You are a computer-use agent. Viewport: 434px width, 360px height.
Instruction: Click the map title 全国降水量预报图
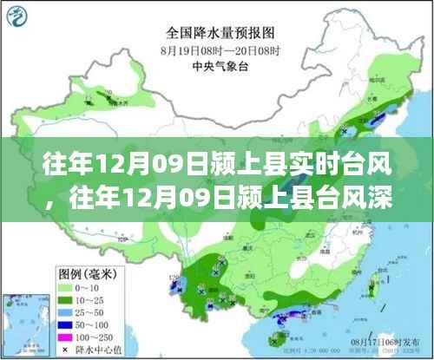(x=217, y=34)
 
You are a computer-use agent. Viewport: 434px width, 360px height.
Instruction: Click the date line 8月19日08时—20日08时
(x=217, y=51)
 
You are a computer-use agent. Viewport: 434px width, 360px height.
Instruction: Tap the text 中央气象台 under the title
(x=217, y=65)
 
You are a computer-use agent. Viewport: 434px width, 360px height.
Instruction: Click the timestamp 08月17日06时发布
(x=387, y=344)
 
